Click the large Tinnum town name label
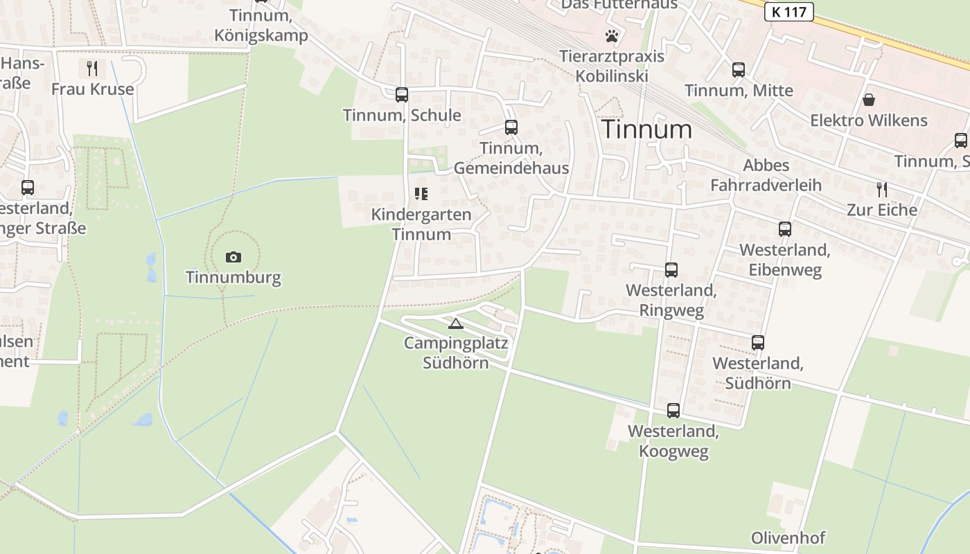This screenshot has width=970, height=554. coord(646,129)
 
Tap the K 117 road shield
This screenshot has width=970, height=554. coord(788,12)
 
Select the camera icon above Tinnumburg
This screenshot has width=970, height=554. coord(233,258)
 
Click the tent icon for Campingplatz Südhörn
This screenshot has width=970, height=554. coord(455,323)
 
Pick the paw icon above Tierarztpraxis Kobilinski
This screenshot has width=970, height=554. coord(612,36)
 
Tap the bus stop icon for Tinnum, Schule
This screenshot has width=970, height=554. coord(402,95)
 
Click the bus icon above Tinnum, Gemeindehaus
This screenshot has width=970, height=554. coord(511,127)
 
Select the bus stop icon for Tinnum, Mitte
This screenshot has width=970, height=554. coord(739,70)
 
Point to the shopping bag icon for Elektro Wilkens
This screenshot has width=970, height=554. coord(869,100)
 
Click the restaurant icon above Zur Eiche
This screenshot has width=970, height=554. coord(881,190)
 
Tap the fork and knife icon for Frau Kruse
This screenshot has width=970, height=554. coord(92,69)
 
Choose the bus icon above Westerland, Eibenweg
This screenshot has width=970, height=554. coord(785,229)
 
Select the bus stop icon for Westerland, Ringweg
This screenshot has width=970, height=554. coord(671,270)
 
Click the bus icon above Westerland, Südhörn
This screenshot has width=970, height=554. coord(758,343)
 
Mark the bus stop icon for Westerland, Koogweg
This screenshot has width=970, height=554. coord(673,411)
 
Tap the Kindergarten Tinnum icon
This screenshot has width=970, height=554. coord(421,194)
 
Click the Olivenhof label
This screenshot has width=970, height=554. coord(788,538)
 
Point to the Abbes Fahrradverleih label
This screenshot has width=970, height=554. coord(766,175)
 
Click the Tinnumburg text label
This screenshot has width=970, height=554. coord(233,278)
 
